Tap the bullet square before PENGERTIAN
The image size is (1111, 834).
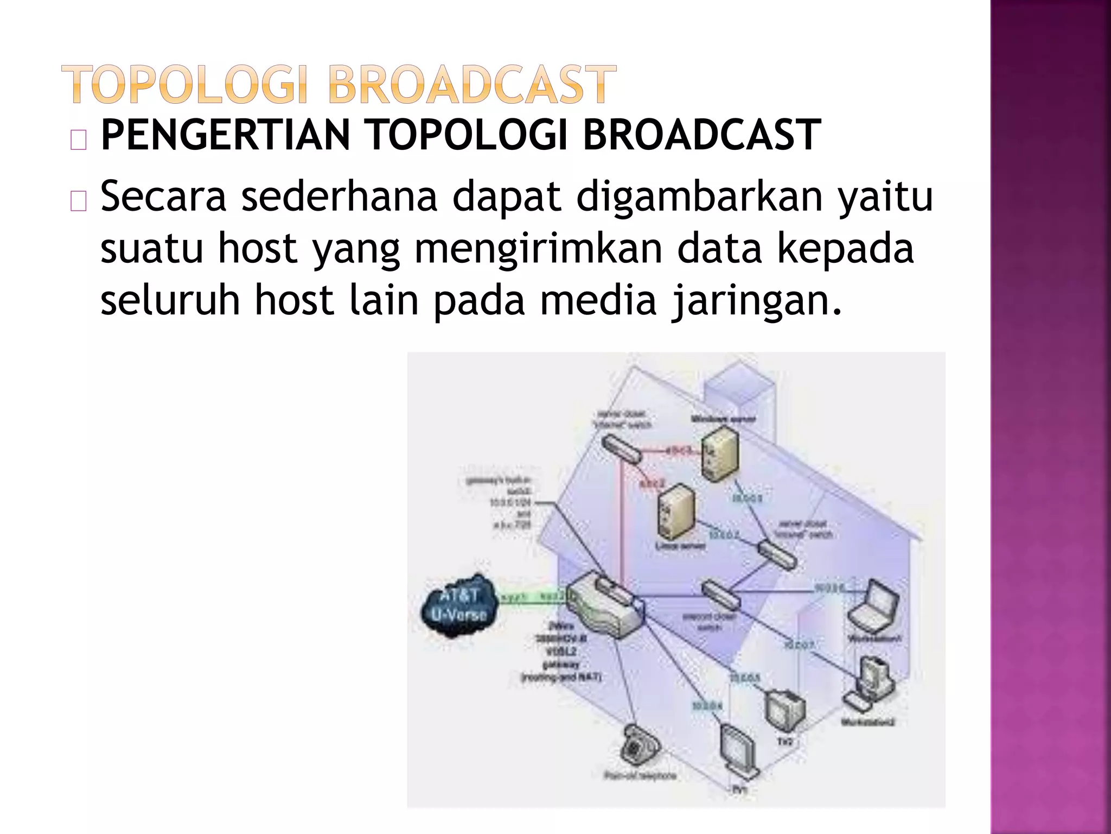(78, 141)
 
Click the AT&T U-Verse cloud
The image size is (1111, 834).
(459, 605)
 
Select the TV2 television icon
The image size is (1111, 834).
(784, 711)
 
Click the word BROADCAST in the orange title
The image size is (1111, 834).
(472, 84)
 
